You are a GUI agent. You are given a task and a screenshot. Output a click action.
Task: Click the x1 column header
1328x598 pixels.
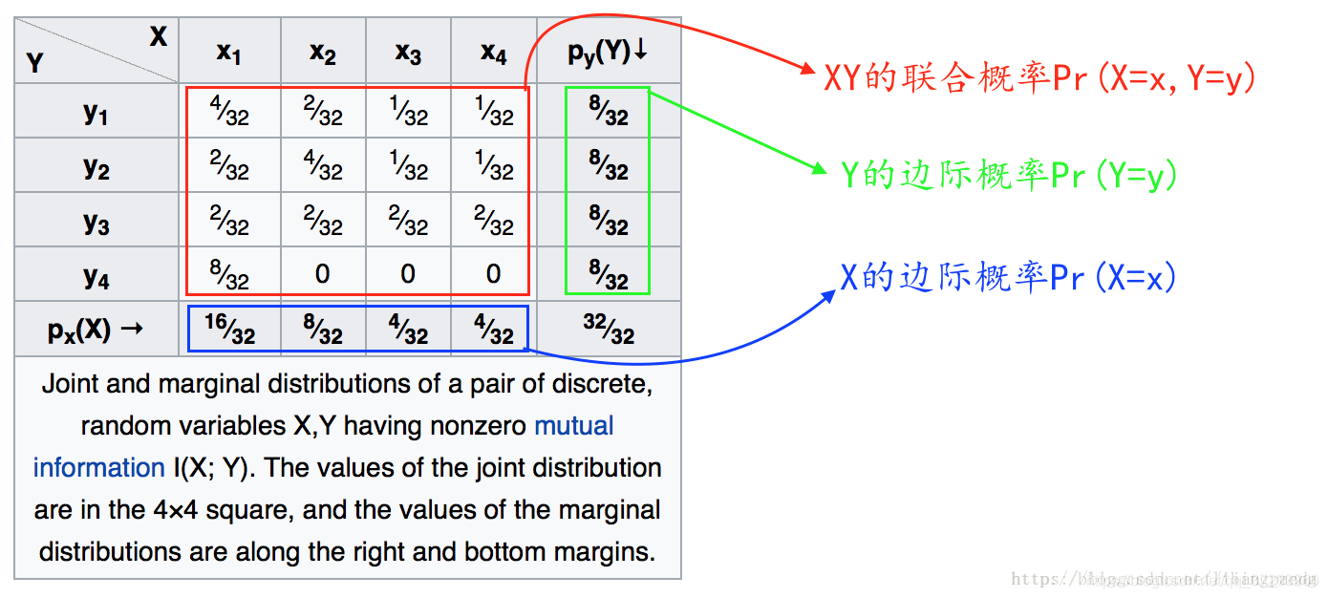pyautogui.click(x=229, y=53)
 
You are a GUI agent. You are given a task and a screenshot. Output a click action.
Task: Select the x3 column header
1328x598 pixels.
pyautogui.click(x=408, y=53)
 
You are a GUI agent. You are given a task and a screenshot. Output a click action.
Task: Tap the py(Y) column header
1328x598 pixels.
pyautogui.click(x=608, y=52)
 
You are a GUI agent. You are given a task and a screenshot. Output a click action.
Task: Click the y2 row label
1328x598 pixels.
pyautogui.click(x=96, y=166)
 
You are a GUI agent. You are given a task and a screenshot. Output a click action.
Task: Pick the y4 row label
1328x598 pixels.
pyautogui.click(x=96, y=276)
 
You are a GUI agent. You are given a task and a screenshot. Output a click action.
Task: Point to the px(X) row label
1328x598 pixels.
pyautogui.click(x=96, y=331)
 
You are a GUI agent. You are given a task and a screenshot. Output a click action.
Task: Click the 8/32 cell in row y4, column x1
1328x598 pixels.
pyautogui.click(x=229, y=275)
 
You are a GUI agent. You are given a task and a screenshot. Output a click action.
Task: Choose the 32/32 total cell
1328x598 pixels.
pyautogui.click(x=609, y=331)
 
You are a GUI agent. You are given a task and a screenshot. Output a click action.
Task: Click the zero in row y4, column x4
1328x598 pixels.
pyautogui.click(x=493, y=275)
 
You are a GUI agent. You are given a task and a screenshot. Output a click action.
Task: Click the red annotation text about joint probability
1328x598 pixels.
pyautogui.click(x=1039, y=78)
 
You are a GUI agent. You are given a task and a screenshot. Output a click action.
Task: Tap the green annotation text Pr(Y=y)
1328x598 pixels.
pyautogui.click(x=1009, y=176)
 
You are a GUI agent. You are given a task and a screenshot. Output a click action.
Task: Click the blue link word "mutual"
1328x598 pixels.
pyautogui.click(x=574, y=426)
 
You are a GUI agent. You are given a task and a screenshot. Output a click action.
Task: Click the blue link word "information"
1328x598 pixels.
pyautogui.click(x=99, y=468)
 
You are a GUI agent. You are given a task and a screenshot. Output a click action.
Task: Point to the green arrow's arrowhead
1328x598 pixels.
pyautogui.click(x=820, y=171)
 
